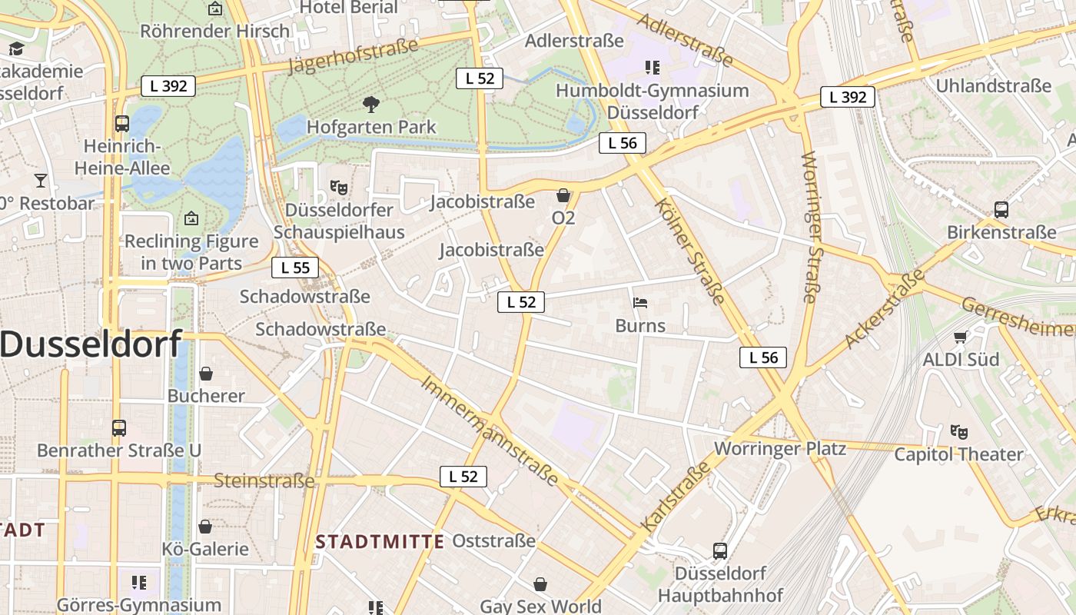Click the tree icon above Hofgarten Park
click(371, 104)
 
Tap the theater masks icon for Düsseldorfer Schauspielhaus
click(338, 187)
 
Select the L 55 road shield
click(295, 268)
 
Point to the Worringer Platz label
click(780, 448)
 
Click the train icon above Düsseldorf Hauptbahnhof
click(720, 550)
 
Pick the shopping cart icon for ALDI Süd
click(960, 337)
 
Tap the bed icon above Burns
click(640, 302)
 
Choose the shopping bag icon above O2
click(563, 195)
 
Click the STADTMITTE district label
click(380, 541)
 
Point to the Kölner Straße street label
click(690, 251)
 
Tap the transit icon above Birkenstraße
click(1001, 209)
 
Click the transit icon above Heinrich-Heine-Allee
click(121, 123)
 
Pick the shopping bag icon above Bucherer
click(206, 374)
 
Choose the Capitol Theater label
click(958, 454)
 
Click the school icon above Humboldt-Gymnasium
click(653, 68)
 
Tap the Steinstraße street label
click(264, 481)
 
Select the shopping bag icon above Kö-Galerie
click(205, 527)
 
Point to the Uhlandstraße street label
click(993, 85)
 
